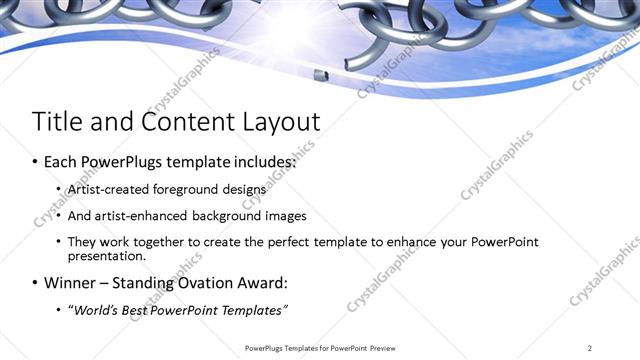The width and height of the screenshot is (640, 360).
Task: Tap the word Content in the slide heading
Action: coord(178,122)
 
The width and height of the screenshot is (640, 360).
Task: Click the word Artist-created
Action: coord(107,188)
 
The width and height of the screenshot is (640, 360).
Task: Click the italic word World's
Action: coord(97,309)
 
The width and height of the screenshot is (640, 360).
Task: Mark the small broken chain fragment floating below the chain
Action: coord(318,74)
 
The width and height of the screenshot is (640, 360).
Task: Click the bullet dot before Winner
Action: coord(37,283)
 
